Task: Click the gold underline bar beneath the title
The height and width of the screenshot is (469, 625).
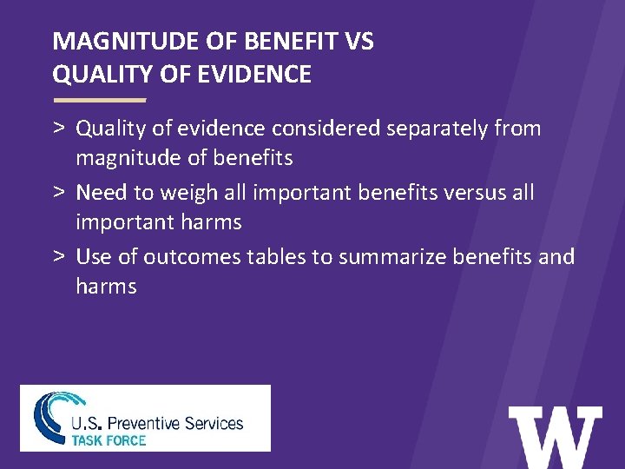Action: pos(99,100)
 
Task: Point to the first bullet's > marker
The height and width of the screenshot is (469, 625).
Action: pos(59,129)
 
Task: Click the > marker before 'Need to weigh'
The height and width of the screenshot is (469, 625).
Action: pos(59,193)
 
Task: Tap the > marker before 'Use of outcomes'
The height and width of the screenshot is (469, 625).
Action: pos(59,257)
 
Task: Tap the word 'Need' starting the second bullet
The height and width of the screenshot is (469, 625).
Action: pos(102,193)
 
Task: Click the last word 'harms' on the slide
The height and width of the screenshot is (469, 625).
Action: pos(106,287)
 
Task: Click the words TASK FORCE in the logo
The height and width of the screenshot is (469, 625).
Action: pos(109,439)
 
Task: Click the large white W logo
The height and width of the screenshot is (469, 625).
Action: pos(555,438)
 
